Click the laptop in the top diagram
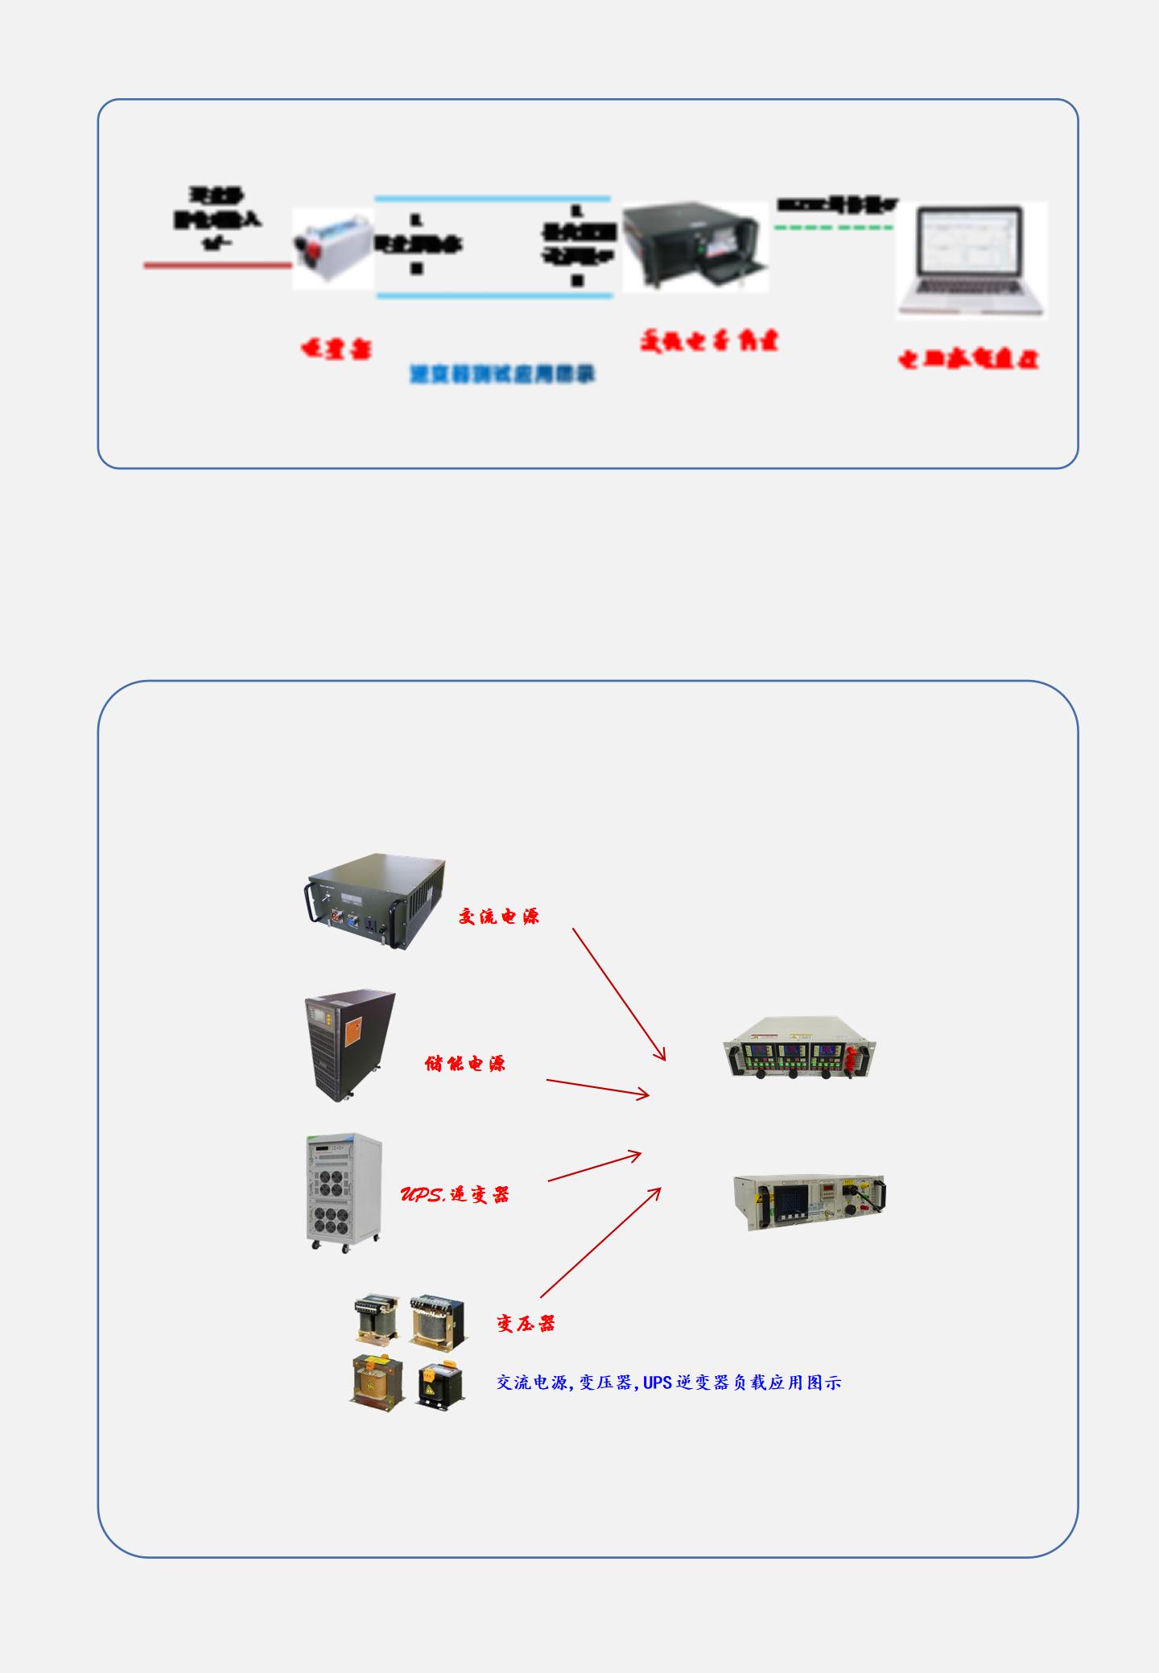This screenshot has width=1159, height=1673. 971,260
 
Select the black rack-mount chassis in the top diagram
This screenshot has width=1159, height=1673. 695,246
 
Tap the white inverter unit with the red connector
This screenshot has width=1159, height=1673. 332,248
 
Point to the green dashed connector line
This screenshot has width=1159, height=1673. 834,228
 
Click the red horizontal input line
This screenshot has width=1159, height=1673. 217,265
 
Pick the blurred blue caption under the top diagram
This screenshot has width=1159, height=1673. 502,374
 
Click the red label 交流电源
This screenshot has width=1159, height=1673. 499,916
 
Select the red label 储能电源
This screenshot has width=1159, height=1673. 465,1063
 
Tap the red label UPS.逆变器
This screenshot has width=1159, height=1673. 455,1194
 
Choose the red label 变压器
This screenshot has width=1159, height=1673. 526,1323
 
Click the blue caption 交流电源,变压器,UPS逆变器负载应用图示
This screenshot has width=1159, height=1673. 669,1382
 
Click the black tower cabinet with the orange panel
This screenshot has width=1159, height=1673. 350,1045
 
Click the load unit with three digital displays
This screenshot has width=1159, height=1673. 800,1049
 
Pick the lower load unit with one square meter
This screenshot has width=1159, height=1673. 810,1202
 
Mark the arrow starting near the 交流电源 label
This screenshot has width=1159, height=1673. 619,994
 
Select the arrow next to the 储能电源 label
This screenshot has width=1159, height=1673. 597,1087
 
